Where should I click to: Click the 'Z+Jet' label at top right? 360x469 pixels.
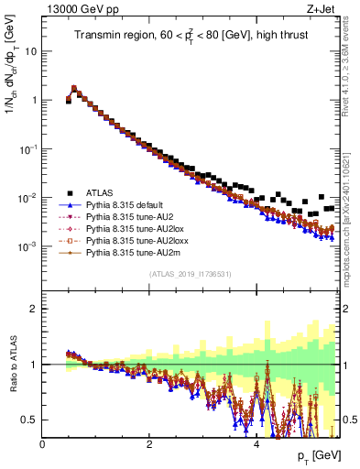point(322,9)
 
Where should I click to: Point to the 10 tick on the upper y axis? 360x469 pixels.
point(31,51)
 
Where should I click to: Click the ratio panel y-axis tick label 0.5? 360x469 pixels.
point(30,420)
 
